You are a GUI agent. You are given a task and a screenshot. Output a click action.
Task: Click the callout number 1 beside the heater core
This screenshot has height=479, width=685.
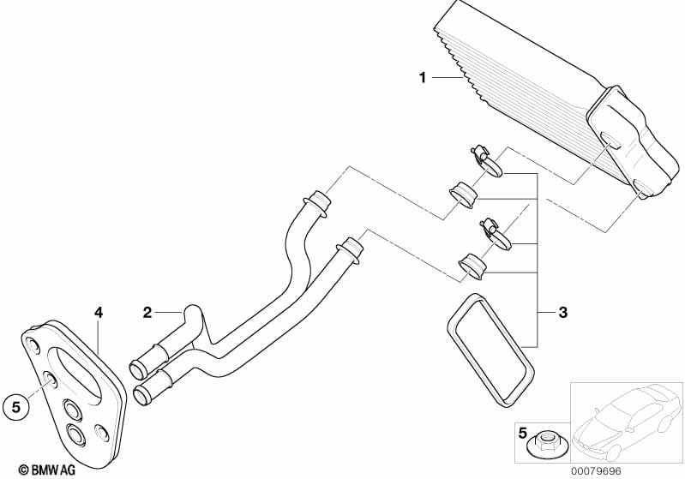pos(422,78)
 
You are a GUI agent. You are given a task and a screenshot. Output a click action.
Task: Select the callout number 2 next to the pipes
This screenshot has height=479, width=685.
pos(147,312)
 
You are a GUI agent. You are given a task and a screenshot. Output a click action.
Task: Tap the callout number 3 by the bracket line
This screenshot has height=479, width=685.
pos(563,312)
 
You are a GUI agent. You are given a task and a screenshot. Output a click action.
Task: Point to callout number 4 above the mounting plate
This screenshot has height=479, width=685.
pos(99,312)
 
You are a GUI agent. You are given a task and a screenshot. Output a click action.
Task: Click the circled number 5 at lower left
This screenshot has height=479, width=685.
pos(15,407)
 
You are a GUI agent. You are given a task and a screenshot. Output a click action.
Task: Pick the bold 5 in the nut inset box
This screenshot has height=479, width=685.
pos(522,433)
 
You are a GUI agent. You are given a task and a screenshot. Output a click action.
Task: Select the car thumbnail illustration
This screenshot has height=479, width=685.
pos(627,422)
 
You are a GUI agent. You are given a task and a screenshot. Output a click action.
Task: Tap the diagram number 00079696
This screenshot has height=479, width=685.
pos(597,471)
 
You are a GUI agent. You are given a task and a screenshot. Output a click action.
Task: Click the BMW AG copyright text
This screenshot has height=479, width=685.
pos(47,470)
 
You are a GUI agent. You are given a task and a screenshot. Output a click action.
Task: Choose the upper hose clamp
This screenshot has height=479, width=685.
pos(486,162)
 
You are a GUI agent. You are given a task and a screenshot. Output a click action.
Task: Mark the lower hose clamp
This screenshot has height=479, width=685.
pos(496,235)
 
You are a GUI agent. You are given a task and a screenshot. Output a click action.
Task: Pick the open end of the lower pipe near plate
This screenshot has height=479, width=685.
pos(141,395)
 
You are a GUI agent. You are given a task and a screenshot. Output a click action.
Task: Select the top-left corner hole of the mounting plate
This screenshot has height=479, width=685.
pos(33,345)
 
